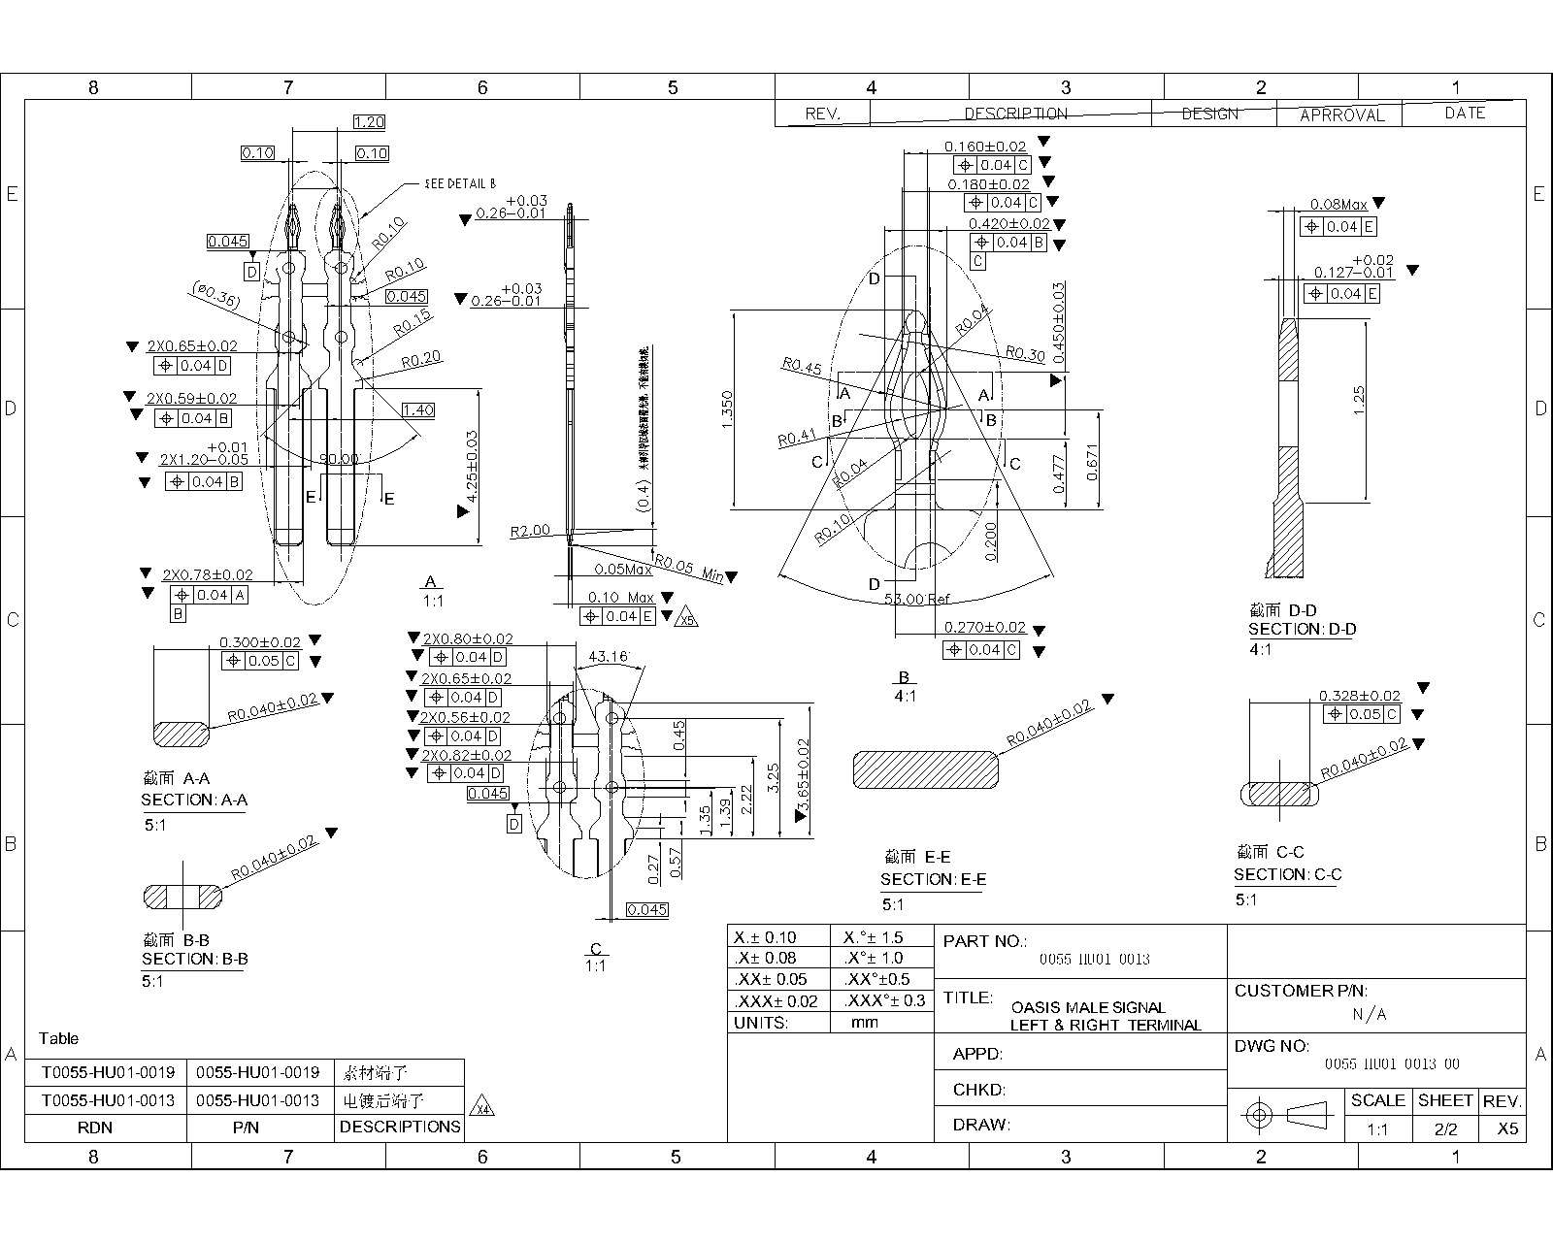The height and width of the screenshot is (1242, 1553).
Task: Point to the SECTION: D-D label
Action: point(1302,629)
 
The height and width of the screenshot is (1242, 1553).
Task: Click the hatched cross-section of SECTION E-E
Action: point(925,770)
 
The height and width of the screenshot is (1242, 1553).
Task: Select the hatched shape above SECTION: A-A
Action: point(182,734)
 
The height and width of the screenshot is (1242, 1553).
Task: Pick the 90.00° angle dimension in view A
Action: point(339,458)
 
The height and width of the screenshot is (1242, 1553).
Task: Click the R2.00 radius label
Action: point(530,531)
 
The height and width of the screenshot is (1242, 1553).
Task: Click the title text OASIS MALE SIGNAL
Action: point(1087,1007)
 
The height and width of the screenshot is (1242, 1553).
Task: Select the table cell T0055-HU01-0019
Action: point(108,1072)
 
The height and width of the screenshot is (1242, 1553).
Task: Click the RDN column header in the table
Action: point(94,1128)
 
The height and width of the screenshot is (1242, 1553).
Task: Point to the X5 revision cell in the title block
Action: point(1505,1129)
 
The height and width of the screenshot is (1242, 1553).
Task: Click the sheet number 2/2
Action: point(1445,1129)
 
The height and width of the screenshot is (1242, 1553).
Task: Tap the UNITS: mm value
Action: point(863,1023)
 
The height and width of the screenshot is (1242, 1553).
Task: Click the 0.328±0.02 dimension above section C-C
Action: point(1359,696)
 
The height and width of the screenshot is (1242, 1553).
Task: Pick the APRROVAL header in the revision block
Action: point(1341,114)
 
